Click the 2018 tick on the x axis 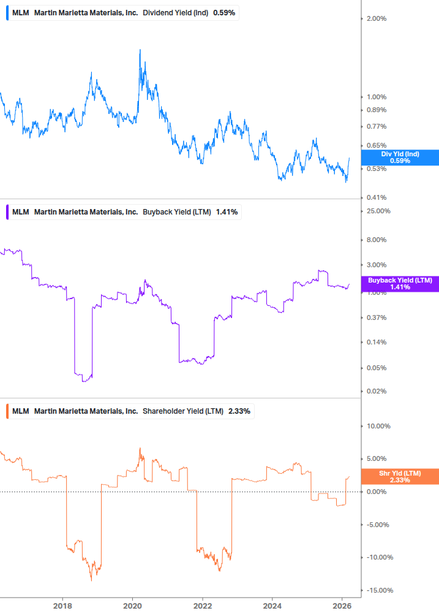(62, 606)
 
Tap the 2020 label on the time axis (132, 606)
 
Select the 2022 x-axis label (202, 606)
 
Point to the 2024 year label (272, 606)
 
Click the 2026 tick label (342, 606)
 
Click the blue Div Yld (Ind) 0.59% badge (400, 158)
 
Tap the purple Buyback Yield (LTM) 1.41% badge (400, 283)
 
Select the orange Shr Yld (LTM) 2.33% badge (400, 476)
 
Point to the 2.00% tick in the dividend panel (376, 18)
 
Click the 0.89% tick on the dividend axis (376, 110)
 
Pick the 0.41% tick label (376, 197)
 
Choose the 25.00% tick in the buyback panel (378, 211)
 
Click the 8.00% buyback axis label (376, 240)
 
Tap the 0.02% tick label (376, 391)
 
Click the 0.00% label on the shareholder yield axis (376, 492)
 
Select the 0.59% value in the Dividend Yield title (224, 13)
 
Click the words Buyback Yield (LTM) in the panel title (177, 212)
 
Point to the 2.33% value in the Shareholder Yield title (239, 411)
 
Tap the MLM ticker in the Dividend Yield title (20, 13)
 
